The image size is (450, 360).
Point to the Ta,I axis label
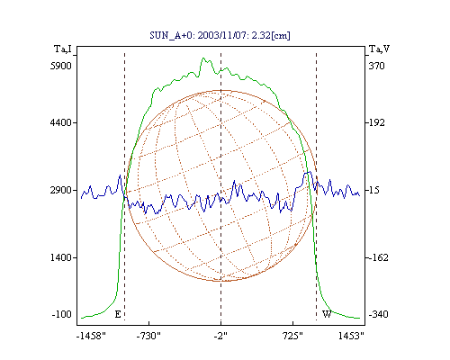click(x=63, y=49)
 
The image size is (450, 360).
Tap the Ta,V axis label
click(x=379, y=49)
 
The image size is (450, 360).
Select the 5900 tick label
click(x=61, y=66)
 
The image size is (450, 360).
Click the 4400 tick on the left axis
click(x=61, y=122)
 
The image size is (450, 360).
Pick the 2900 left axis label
click(x=61, y=190)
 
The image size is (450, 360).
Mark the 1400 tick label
click(x=61, y=257)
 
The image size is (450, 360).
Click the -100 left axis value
click(x=62, y=314)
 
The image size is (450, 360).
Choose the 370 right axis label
click(x=376, y=66)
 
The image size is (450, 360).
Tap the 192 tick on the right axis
click(x=376, y=122)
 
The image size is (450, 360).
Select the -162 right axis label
click(x=378, y=257)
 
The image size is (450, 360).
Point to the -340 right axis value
click(x=378, y=314)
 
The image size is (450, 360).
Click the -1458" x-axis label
click(x=91, y=336)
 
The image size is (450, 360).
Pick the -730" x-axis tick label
click(x=148, y=336)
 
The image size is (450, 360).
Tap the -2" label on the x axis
click(x=220, y=336)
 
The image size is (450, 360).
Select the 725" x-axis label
click(x=292, y=336)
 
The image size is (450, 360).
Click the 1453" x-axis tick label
click(x=351, y=336)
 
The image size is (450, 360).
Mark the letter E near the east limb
click(x=118, y=314)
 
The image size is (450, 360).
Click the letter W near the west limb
click(x=327, y=314)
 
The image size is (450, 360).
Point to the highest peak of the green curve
click(x=203, y=58)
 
